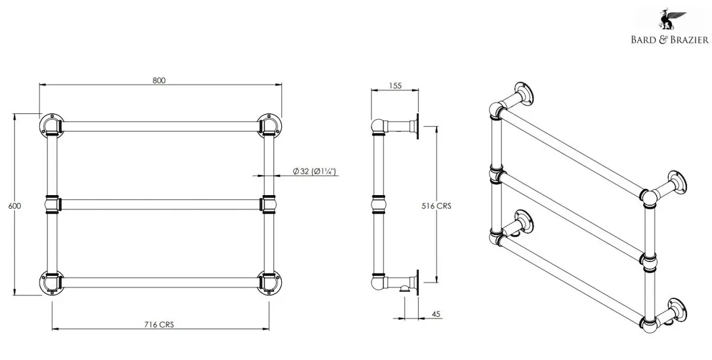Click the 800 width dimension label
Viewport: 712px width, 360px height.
pyautogui.click(x=159, y=81)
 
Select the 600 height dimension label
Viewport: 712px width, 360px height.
pyautogui.click(x=15, y=206)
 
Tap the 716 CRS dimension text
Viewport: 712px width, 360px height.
pyautogui.click(x=159, y=324)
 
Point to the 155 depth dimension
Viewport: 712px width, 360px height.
pyautogui.click(x=395, y=86)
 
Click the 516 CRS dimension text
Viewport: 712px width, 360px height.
pyautogui.click(x=437, y=206)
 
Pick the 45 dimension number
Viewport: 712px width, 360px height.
pyautogui.click(x=436, y=314)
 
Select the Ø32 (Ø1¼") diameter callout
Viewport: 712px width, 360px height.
pyautogui.click(x=314, y=171)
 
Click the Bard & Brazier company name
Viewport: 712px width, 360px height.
pyautogui.click(x=670, y=40)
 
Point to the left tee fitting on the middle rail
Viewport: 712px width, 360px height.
pyautogui.click(x=52, y=204)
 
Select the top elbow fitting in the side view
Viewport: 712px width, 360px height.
pyautogui.click(x=379, y=127)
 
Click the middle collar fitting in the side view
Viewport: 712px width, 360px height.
pyautogui.click(x=379, y=204)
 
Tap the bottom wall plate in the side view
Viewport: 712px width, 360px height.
pyautogui.click(x=417, y=283)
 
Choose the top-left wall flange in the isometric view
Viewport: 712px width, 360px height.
pyautogui.click(x=524, y=94)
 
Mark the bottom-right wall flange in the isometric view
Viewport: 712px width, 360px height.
pyautogui.click(x=677, y=310)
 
